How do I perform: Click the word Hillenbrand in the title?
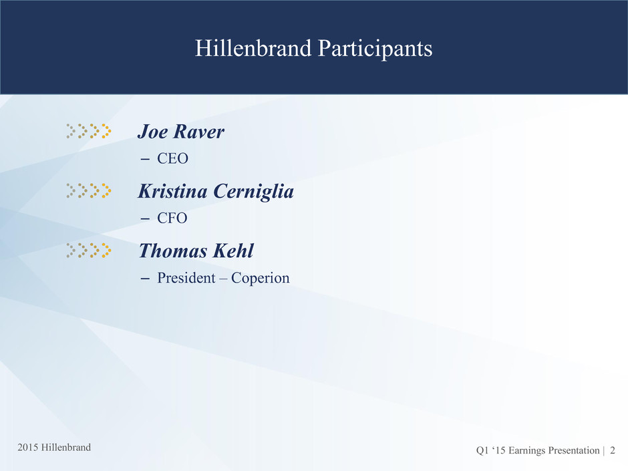point(253,49)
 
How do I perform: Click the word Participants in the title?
point(375,49)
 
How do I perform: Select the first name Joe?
point(152,132)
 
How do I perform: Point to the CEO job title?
point(172,158)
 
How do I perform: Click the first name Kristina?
point(173,191)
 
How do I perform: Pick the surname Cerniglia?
point(253,192)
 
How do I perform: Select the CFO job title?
point(172,218)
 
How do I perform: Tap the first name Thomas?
point(173,251)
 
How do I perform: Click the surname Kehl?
point(233,251)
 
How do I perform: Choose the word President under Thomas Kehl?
point(186,278)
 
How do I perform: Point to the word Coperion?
point(261,279)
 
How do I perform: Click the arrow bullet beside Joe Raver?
point(88,131)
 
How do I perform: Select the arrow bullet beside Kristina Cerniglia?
point(88,190)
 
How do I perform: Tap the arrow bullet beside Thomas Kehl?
point(88,251)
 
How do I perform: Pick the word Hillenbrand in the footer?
point(66,448)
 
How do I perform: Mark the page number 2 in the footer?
point(613,450)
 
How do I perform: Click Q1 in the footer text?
point(482,451)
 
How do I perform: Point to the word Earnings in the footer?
point(526,451)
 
